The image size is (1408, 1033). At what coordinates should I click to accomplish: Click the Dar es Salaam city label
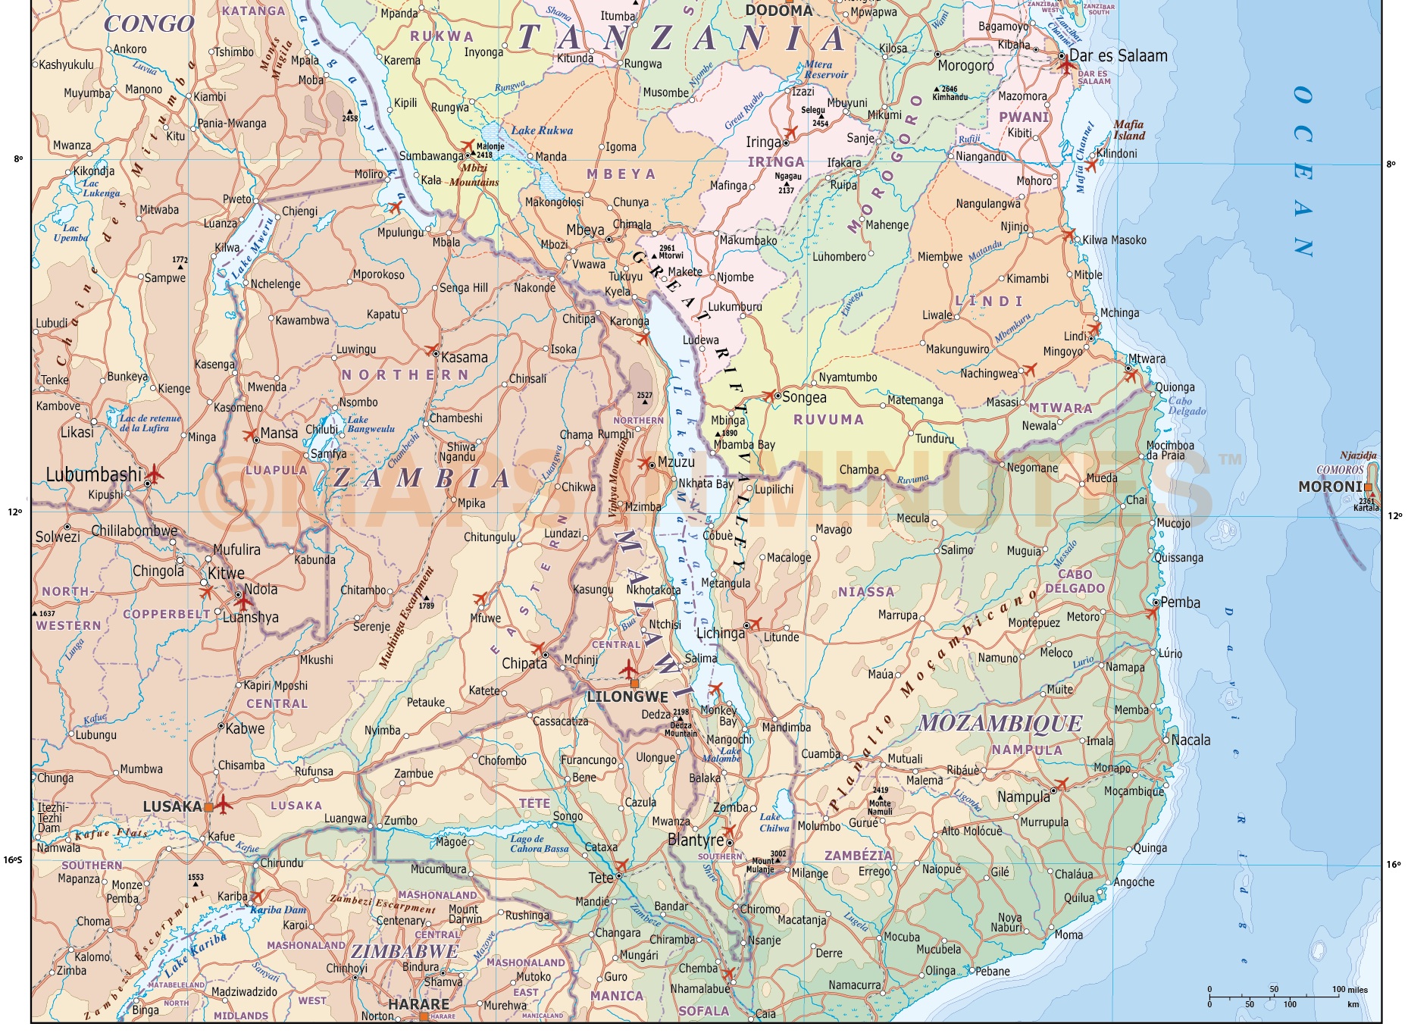pos(1118,56)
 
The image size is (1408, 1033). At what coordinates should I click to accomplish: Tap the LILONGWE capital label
pos(627,696)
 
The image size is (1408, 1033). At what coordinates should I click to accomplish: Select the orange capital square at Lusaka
pos(208,807)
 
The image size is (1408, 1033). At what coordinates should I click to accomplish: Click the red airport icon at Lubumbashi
pos(154,474)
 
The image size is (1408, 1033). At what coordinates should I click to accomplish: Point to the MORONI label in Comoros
pos(1331,487)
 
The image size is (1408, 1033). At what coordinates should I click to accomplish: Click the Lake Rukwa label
pos(542,130)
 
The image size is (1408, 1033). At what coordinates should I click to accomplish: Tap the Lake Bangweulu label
pos(371,424)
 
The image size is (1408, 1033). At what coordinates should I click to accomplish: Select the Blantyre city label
pos(696,840)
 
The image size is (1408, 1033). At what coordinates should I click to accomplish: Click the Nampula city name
pos(1023,797)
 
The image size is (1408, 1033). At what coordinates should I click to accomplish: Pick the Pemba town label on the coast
pos(1180,603)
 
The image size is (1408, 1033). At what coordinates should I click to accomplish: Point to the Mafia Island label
pos(1128,130)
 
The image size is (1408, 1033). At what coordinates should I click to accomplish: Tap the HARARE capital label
pos(418,1003)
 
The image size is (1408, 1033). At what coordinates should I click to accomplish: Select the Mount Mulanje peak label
pos(762,865)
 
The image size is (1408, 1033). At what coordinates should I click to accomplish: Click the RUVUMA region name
pos(828,419)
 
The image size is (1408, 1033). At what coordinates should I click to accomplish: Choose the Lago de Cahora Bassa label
pos(539,844)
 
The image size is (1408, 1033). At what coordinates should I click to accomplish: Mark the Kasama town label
pos(464,357)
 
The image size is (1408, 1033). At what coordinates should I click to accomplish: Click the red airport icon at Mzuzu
pos(645,462)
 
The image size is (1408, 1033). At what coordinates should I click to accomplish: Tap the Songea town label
pos(804,397)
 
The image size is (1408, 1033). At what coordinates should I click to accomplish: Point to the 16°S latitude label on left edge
pos(13,859)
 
